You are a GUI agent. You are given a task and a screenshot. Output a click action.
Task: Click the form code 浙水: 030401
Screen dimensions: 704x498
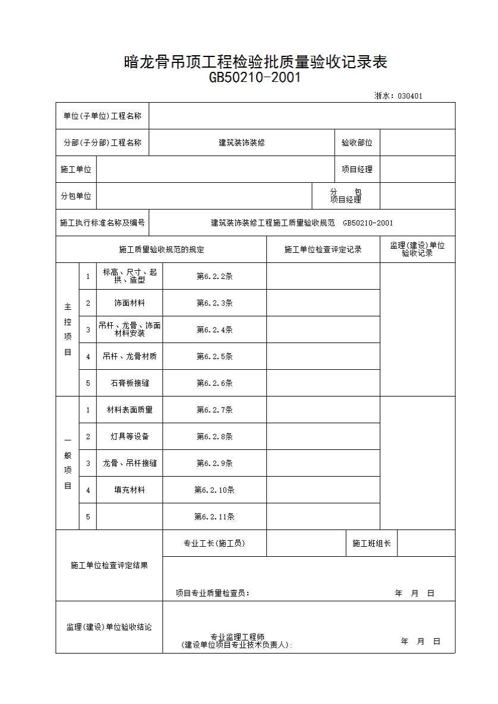pos(399,96)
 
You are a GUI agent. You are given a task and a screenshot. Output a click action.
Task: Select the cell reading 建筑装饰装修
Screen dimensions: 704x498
pos(241,142)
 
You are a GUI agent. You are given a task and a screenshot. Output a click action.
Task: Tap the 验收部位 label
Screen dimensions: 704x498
pos(357,142)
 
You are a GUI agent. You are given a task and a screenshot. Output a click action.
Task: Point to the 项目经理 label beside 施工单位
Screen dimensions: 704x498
pos(357,169)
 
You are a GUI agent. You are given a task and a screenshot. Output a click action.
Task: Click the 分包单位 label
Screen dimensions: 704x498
pos(76,196)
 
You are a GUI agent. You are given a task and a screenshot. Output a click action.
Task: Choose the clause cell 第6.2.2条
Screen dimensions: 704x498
pos(215,276)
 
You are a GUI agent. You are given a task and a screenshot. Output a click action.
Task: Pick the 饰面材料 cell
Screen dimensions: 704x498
pos(130,303)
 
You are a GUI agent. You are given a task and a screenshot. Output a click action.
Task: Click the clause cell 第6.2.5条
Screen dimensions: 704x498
pos(215,356)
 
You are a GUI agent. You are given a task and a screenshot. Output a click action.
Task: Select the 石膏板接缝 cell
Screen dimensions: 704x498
pos(130,383)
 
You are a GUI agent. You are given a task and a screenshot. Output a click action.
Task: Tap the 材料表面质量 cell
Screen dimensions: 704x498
pos(130,410)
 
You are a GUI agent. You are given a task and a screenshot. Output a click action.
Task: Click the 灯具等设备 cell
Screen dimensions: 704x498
pos(130,436)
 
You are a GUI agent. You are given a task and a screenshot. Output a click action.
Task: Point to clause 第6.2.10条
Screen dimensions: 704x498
pos(215,490)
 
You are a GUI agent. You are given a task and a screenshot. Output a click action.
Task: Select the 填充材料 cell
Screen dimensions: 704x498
pos(130,490)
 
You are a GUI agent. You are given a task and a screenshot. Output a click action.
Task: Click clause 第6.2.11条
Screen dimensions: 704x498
pos(215,516)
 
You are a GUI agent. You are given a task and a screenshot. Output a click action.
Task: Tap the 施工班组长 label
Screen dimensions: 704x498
pos(371,543)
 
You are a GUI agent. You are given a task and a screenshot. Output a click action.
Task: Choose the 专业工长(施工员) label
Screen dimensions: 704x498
pos(215,543)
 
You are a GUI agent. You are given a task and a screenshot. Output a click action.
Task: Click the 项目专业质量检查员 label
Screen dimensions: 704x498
pos(213,593)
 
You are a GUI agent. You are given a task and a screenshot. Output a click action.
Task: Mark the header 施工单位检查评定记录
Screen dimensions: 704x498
pos(323,249)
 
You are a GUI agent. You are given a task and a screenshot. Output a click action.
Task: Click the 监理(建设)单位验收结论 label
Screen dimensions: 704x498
pos(109,627)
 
